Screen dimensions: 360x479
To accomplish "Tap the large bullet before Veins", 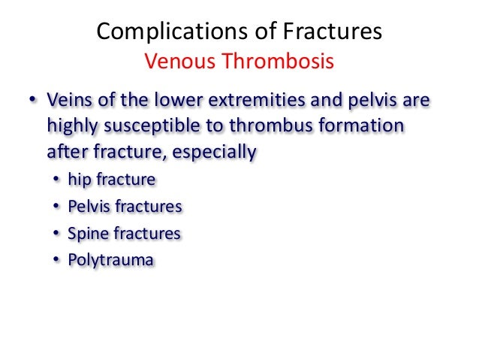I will click(x=32, y=100).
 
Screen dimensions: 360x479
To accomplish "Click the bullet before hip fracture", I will click(x=57, y=180).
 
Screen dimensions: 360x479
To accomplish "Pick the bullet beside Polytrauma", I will click(x=57, y=260).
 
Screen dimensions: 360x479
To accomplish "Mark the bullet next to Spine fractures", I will click(x=57, y=233).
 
